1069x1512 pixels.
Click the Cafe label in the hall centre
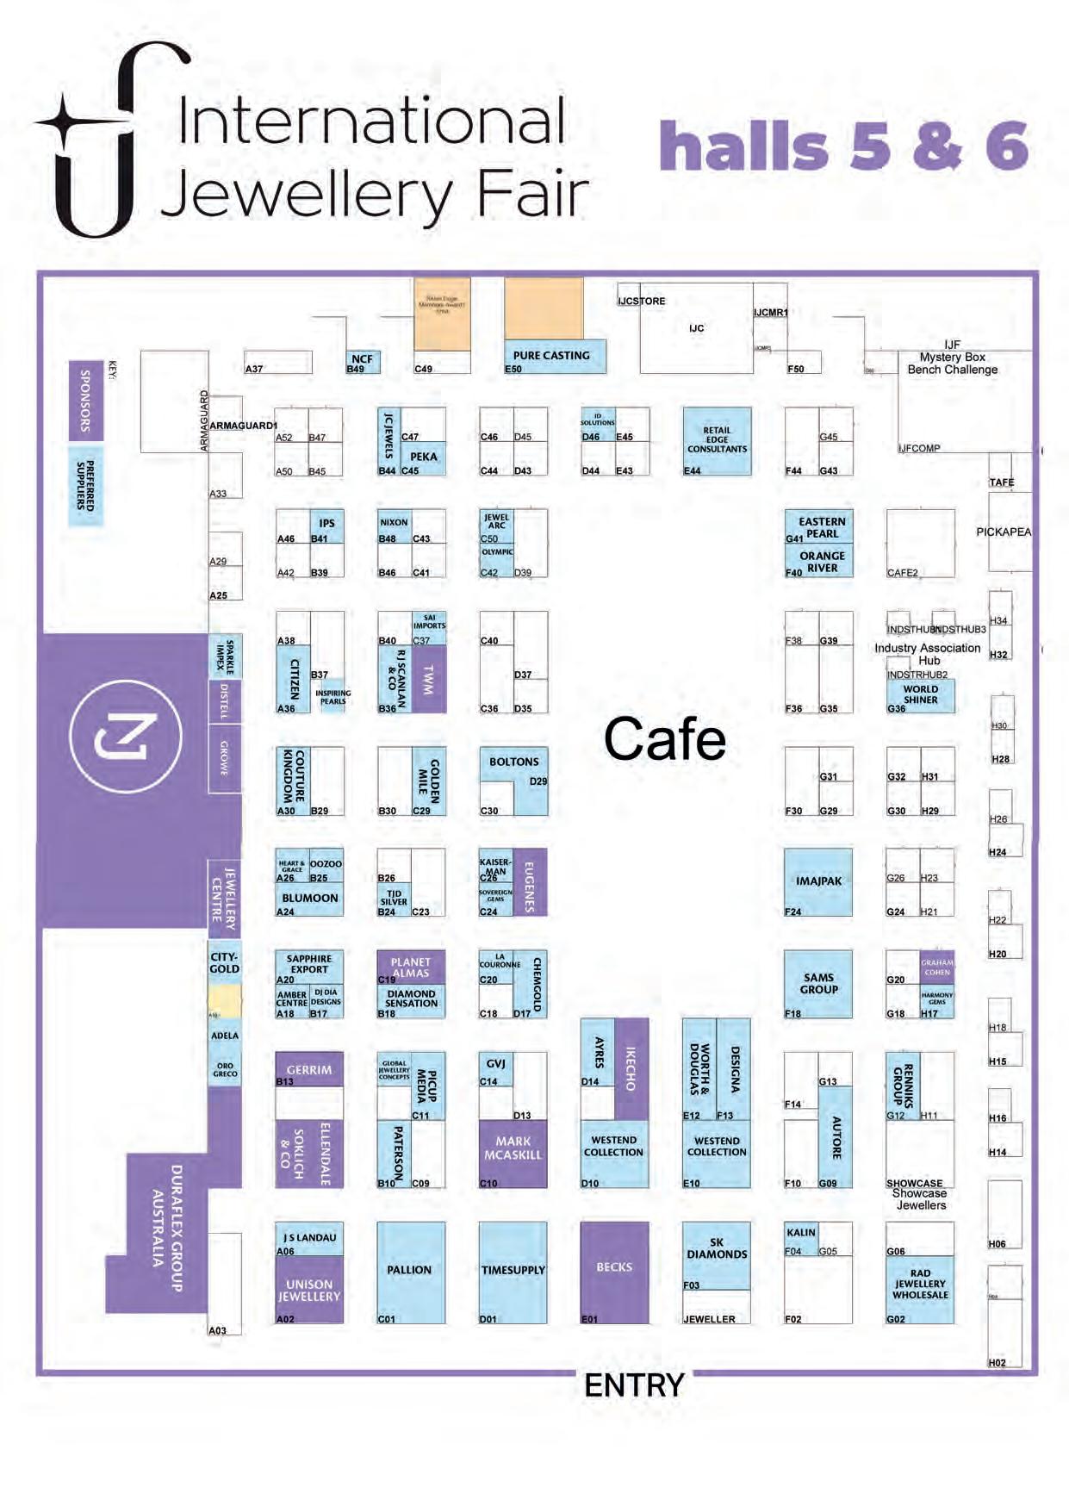pyautogui.click(x=664, y=739)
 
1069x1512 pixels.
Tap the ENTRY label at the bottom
pyautogui.click(x=634, y=1385)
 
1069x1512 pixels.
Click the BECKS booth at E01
pyautogui.click(x=614, y=1272)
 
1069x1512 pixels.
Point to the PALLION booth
pyautogui.click(x=410, y=1272)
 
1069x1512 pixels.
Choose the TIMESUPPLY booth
pyautogui.click(x=513, y=1272)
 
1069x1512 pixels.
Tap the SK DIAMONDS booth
pyautogui.click(x=716, y=1254)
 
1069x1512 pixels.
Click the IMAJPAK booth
pyautogui.click(x=818, y=882)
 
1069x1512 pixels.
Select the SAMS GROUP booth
pyautogui.click(x=818, y=984)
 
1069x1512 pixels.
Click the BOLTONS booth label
pyautogui.click(x=513, y=762)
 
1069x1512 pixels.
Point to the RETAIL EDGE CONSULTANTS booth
pyautogui.click(x=717, y=440)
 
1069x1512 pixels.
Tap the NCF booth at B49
pyautogui.click(x=363, y=361)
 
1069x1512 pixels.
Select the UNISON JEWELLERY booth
pyautogui.click(x=309, y=1290)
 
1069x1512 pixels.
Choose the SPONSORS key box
pyautogui.click(x=85, y=401)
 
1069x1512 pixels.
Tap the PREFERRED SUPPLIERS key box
pyautogui.click(x=85, y=486)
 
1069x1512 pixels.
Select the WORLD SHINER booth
pyautogui.click(x=921, y=694)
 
